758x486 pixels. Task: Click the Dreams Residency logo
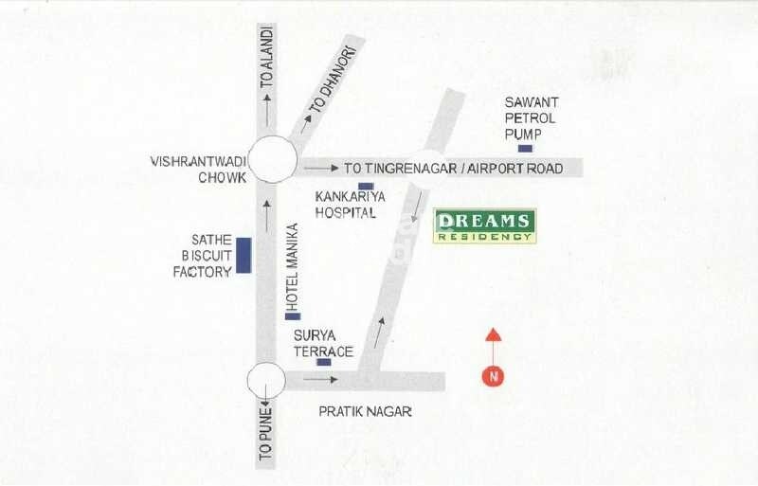[x=484, y=225]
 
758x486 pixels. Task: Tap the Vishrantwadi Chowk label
[x=198, y=170]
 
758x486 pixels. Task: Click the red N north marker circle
[x=493, y=375]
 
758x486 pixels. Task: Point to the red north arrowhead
[x=493, y=334]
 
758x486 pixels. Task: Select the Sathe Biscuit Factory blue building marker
[x=244, y=256]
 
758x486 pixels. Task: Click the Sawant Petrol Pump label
[x=531, y=117]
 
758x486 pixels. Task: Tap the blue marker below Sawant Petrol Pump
[x=525, y=149]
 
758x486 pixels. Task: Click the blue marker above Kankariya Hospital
[x=366, y=187]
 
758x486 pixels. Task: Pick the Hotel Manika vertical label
[x=293, y=266]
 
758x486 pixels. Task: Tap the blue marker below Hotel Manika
[x=293, y=315]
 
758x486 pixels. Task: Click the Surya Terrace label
[x=323, y=344]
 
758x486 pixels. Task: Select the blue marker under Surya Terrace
[x=324, y=362]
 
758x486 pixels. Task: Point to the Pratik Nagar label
[x=365, y=412]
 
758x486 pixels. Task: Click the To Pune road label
[x=266, y=433]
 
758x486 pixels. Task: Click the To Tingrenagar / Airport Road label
[x=453, y=169]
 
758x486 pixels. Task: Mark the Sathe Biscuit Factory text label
[x=202, y=256]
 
